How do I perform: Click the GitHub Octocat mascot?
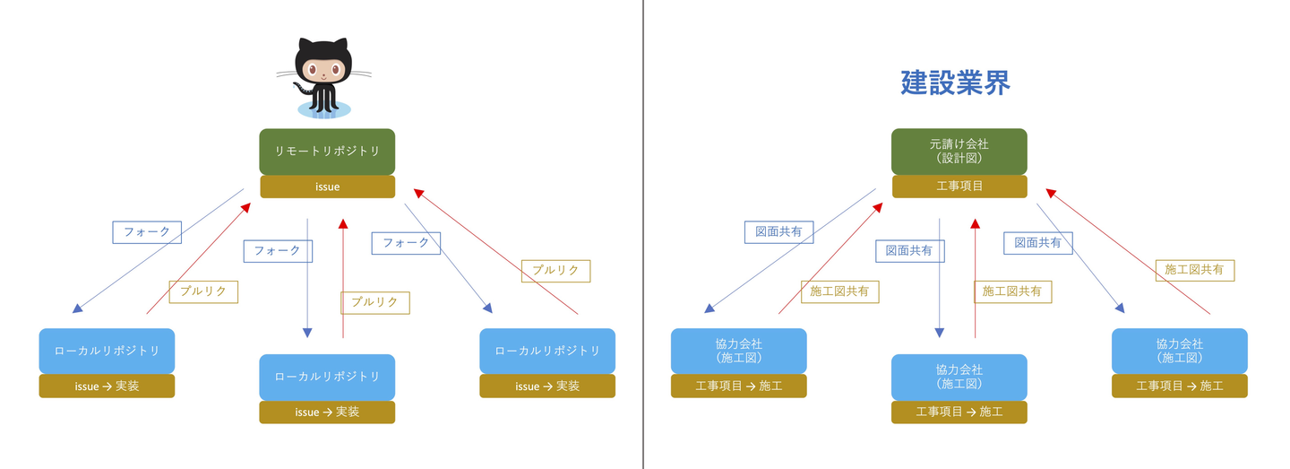(x=323, y=78)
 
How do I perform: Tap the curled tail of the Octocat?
(x=301, y=90)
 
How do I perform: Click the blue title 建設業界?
(x=955, y=83)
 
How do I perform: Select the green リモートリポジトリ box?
(x=327, y=152)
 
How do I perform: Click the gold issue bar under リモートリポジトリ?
(x=327, y=187)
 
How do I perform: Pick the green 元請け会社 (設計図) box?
(x=959, y=152)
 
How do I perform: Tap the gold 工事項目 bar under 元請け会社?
(x=959, y=187)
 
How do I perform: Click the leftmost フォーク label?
(x=147, y=232)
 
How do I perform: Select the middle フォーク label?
(x=278, y=251)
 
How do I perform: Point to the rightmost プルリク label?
(x=555, y=271)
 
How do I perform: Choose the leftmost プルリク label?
(x=203, y=291)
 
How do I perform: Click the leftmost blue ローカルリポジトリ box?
(x=107, y=351)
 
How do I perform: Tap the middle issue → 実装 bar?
(x=327, y=412)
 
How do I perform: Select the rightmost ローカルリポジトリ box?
(x=547, y=351)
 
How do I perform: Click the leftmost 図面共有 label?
(x=778, y=232)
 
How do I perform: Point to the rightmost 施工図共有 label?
(x=1195, y=270)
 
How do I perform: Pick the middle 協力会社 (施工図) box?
(x=959, y=377)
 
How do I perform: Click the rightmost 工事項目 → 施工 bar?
(x=1180, y=386)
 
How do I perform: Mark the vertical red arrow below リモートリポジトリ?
(x=343, y=278)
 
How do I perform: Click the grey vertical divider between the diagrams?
(x=642, y=235)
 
